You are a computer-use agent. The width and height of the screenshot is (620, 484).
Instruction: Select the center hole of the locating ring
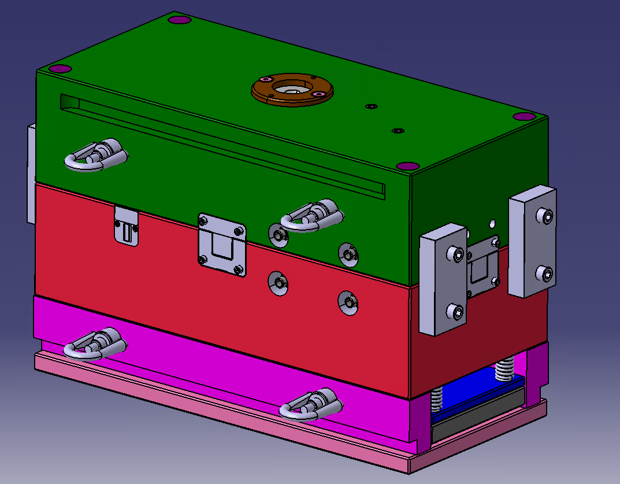pos(291,88)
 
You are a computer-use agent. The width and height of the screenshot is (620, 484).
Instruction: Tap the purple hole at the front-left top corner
pos(60,69)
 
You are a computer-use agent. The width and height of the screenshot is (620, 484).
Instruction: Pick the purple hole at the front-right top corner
pos(407,166)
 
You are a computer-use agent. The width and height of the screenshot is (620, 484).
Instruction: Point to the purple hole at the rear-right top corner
pos(524,116)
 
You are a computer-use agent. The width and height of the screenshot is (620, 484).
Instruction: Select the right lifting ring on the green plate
pos(312,216)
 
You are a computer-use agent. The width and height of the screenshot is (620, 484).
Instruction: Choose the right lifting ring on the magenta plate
pos(310,404)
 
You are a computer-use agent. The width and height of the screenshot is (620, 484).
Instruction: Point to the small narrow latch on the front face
pos(127,226)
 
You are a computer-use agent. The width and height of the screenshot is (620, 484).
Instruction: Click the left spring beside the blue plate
pos(437,399)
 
